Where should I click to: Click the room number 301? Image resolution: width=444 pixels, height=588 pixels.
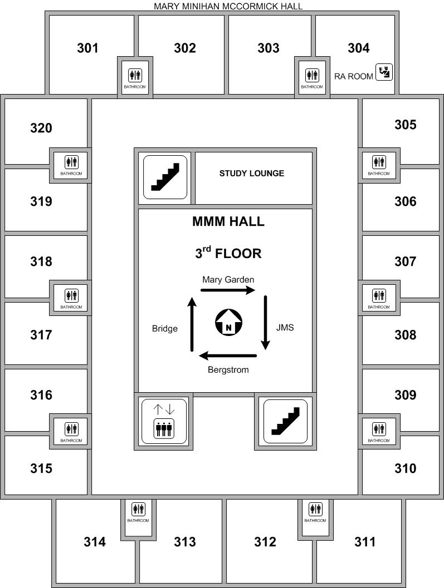87,48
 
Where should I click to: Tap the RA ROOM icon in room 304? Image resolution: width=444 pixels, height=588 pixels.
384,72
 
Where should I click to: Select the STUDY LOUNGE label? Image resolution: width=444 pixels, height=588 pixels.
252,173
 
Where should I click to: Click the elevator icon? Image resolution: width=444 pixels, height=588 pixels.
164,421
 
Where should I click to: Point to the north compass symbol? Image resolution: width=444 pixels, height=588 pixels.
228,322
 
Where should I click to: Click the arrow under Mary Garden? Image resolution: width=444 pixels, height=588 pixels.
228,290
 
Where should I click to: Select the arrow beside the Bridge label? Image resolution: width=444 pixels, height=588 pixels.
192,324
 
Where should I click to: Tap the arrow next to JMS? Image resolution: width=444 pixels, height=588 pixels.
266,323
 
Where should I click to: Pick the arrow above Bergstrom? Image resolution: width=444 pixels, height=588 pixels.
228,355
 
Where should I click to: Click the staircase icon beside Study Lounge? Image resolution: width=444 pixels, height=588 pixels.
165,177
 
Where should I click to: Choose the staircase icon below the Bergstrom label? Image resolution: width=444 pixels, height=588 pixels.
285,421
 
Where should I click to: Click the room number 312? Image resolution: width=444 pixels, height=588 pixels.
265,542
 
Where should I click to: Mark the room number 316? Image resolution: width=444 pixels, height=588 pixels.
41,395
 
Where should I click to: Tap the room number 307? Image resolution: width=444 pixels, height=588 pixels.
406,261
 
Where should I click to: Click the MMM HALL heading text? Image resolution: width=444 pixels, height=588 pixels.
228,221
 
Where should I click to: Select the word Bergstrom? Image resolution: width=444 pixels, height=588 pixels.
228,370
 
